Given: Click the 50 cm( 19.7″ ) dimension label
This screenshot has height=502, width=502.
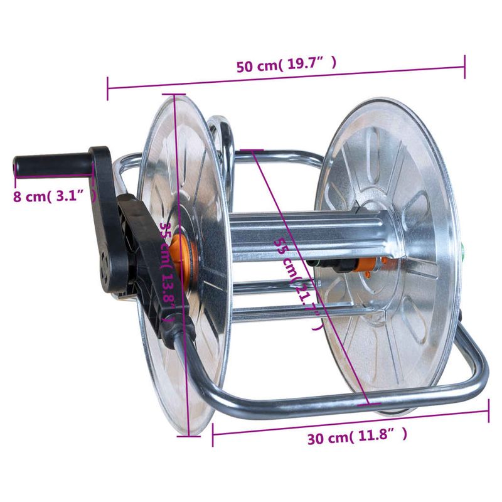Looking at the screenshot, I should click(286, 65).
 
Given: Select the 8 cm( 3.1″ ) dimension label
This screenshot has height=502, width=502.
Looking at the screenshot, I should click(53, 196).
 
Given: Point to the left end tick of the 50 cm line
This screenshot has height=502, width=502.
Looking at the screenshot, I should click(108, 88).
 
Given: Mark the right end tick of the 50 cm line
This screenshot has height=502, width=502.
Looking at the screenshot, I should click(465, 67).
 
